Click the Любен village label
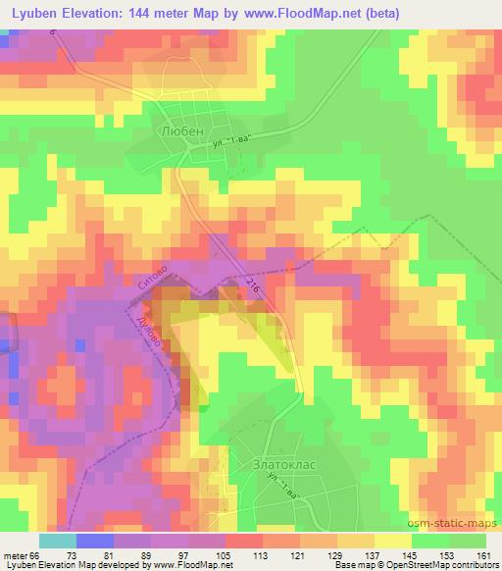pos(175,129)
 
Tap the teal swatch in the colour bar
pos(58,541)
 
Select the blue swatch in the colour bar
pos(95,541)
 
